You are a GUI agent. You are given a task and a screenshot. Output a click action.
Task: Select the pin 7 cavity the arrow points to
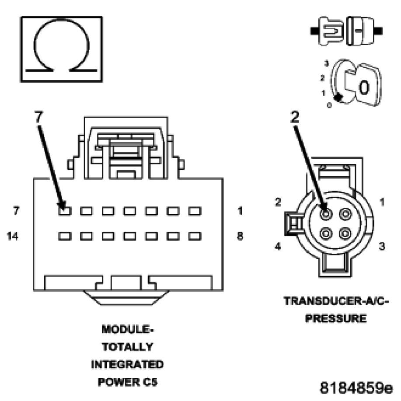(65, 211)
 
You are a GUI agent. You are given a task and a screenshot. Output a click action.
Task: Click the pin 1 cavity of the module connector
(195, 211)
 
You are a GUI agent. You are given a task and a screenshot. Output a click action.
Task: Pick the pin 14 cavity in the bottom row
(65, 236)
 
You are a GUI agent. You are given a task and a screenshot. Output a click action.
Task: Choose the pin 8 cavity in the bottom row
(195, 236)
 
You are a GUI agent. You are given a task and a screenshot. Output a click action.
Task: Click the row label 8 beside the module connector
(240, 237)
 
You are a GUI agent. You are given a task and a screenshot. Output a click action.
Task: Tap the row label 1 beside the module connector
(240, 211)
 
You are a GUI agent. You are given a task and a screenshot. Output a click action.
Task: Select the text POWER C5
(127, 382)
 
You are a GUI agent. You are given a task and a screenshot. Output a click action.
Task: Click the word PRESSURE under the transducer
(336, 318)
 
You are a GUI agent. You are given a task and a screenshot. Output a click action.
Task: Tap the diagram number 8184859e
(356, 387)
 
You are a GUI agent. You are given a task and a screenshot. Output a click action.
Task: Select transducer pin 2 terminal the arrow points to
(326, 214)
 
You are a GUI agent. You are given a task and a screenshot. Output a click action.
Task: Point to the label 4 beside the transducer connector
(278, 246)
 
